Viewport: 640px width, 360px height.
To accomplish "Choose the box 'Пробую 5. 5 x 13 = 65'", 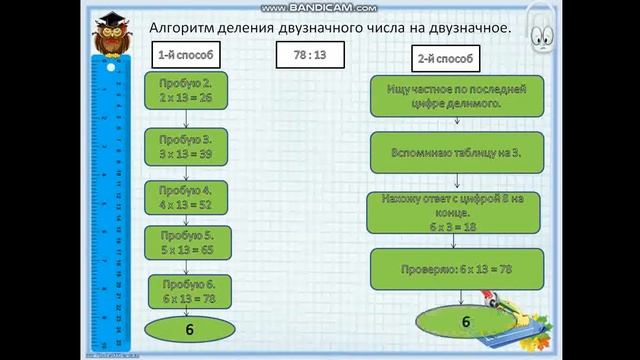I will (188, 241).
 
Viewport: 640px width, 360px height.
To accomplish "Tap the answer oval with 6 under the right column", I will (464, 321).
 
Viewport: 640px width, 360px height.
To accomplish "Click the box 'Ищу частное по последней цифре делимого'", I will (456, 95).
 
